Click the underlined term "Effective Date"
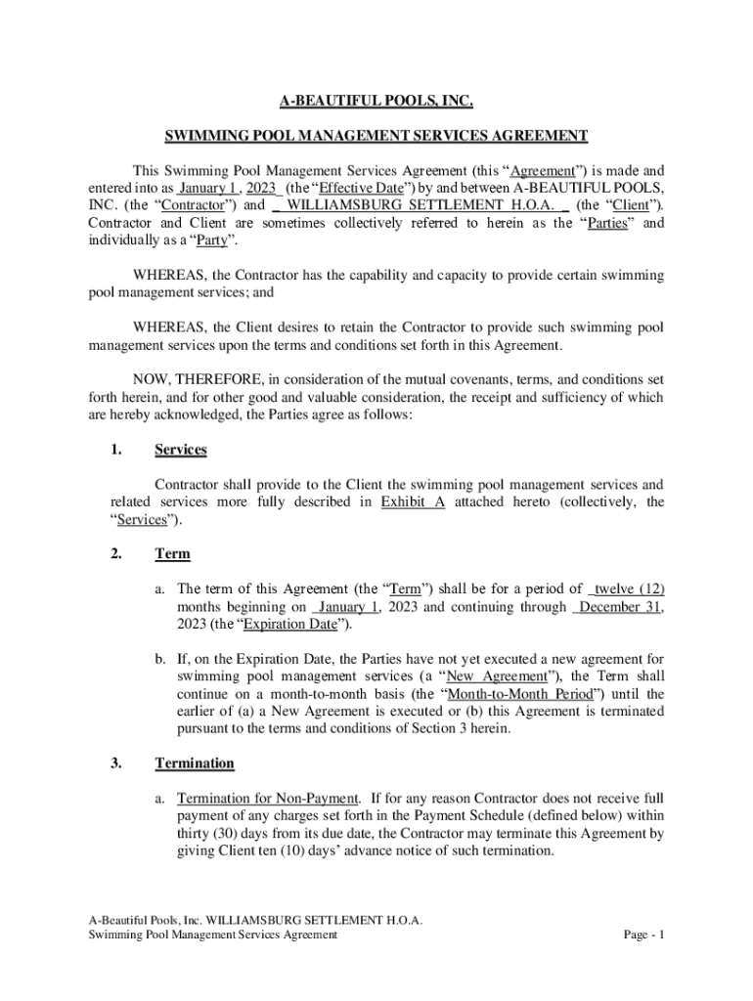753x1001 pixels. pos(339,187)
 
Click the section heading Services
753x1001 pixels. pos(180,450)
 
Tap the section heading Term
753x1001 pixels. pos(172,553)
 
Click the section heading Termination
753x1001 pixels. pos(195,762)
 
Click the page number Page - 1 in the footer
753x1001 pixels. pos(644,935)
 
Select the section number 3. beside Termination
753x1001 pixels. pos(116,762)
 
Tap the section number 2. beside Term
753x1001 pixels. pos(116,553)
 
